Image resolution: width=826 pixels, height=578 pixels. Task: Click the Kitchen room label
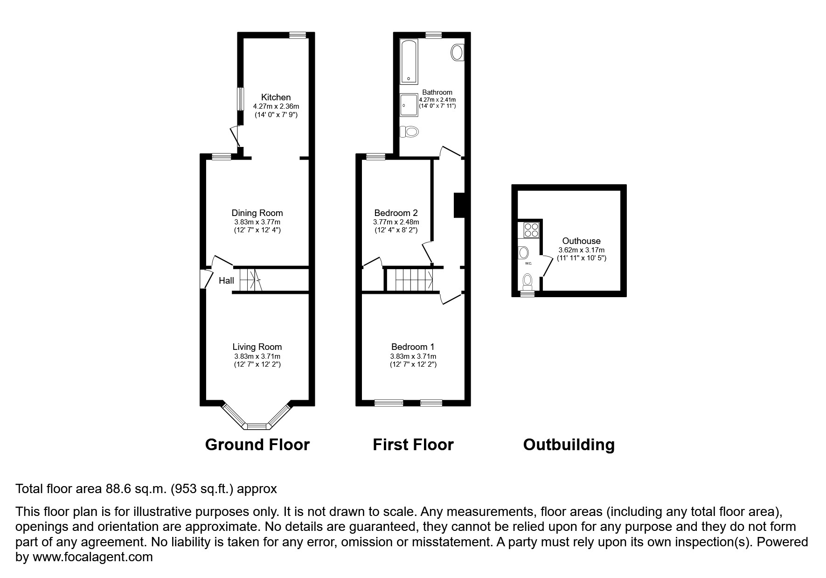pyautogui.click(x=276, y=97)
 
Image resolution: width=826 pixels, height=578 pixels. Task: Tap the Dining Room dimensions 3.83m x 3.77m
pyautogui.click(x=257, y=222)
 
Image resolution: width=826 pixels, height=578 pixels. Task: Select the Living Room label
pyautogui.click(x=257, y=347)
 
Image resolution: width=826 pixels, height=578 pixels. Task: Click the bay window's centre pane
pyautogui.click(x=256, y=425)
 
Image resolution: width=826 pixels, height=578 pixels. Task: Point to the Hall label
pyautogui.click(x=226, y=280)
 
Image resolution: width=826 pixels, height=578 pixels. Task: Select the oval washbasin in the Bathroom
pyautogui.click(x=457, y=52)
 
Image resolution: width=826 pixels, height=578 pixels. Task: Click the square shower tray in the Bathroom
pyautogui.click(x=409, y=104)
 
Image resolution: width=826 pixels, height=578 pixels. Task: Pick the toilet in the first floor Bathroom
pyautogui.click(x=410, y=132)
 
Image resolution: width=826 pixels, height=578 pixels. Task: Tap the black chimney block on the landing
pyautogui.click(x=459, y=205)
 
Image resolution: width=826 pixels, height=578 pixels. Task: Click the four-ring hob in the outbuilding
pyautogui.click(x=531, y=230)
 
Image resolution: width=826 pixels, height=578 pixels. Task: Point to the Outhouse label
pyautogui.click(x=581, y=241)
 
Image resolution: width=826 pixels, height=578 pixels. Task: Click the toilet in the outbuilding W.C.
pyautogui.click(x=528, y=280)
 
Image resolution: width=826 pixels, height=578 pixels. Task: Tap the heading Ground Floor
pyautogui.click(x=257, y=445)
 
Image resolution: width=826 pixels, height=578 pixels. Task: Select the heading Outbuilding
pyautogui.click(x=569, y=445)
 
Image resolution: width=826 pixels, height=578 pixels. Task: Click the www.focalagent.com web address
pyautogui.click(x=92, y=557)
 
